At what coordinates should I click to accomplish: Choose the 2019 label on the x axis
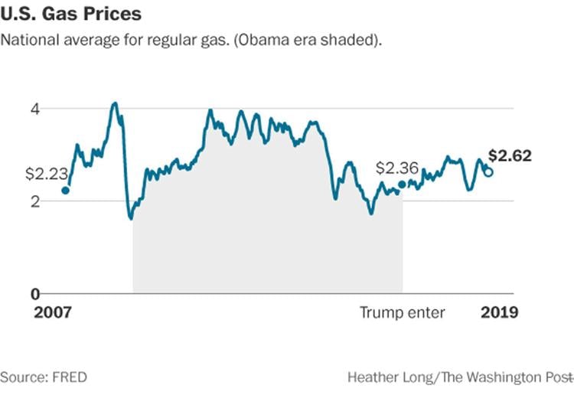(499, 313)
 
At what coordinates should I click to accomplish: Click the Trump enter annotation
(403, 313)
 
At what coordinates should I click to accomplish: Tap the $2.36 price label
(396, 168)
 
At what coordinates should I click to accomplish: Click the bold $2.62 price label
(510, 156)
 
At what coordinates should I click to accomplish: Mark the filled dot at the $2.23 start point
(66, 191)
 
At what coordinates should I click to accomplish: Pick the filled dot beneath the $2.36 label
(403, 184)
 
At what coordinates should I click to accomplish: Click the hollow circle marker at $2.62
(488, 172)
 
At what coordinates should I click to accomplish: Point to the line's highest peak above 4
(114, 103)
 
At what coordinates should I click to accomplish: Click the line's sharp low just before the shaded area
(132, 218)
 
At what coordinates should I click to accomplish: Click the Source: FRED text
(44, 377)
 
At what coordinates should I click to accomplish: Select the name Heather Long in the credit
(384, 377)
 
